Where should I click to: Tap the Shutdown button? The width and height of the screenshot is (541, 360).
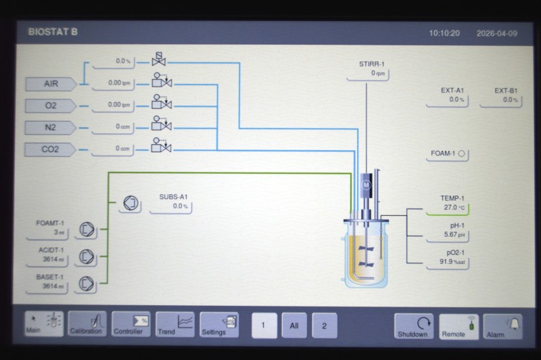413,326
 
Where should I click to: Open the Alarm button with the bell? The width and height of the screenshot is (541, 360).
502,326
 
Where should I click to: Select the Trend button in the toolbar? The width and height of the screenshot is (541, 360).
175,324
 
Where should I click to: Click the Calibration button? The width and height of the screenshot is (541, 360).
87,323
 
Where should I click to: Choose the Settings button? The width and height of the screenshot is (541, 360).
219,324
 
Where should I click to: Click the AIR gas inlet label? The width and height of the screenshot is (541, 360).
51,84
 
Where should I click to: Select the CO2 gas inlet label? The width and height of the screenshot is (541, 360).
50,150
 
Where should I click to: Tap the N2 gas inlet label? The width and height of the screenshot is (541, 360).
50,128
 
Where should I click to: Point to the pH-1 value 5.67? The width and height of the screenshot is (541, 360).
454,235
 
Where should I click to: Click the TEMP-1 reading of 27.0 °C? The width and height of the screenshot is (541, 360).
454,208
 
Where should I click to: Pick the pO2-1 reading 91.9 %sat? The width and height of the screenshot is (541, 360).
452,262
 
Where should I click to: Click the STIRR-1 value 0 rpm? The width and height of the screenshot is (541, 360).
378,73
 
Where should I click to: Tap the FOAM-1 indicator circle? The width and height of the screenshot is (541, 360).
462,154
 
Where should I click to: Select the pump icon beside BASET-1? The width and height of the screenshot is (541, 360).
86,284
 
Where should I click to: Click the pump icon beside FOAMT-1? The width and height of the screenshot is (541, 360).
87,229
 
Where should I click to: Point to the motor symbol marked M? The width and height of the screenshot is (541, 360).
366,185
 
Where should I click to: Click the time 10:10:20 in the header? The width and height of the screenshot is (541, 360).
444,33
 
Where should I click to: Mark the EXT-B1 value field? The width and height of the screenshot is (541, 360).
500,100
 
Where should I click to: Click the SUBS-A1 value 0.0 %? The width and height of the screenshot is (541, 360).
180,206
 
